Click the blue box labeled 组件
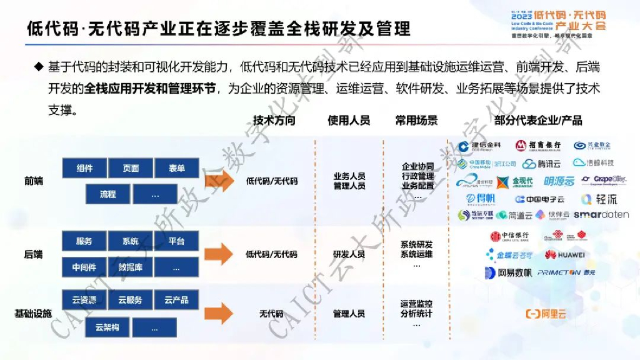[x=84, y=168]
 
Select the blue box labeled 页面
[x=131, y=168]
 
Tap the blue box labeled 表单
[x=177, y=168]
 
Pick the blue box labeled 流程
[x=107, y=194]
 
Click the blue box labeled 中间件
[x=84, y=267]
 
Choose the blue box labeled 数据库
[x=131, y=267]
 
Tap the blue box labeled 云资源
[x=84, y=301]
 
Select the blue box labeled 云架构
[x=107, y=327]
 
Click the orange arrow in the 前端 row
[x=219, y=181]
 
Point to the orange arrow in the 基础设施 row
[x=219, y=313]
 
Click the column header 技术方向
[x=273, y=121]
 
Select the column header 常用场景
[x=416, y=121]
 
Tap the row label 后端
[x=33, y=254]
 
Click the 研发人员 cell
[x=349, y=254]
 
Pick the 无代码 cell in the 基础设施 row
[x=271, y=313]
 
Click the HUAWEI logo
[x=564, y=255]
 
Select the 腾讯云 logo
[x=541, y=164]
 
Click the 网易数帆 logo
[x=508, y=272]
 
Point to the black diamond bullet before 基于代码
[x=39, y=66]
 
